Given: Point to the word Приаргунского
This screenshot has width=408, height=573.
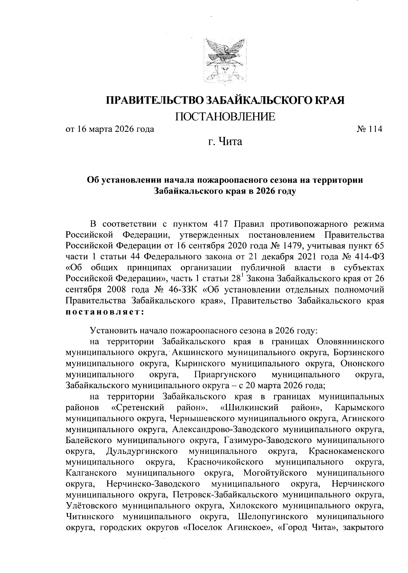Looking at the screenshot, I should tap(225, 375).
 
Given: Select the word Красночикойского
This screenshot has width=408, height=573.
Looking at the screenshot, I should tap(225, 462).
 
